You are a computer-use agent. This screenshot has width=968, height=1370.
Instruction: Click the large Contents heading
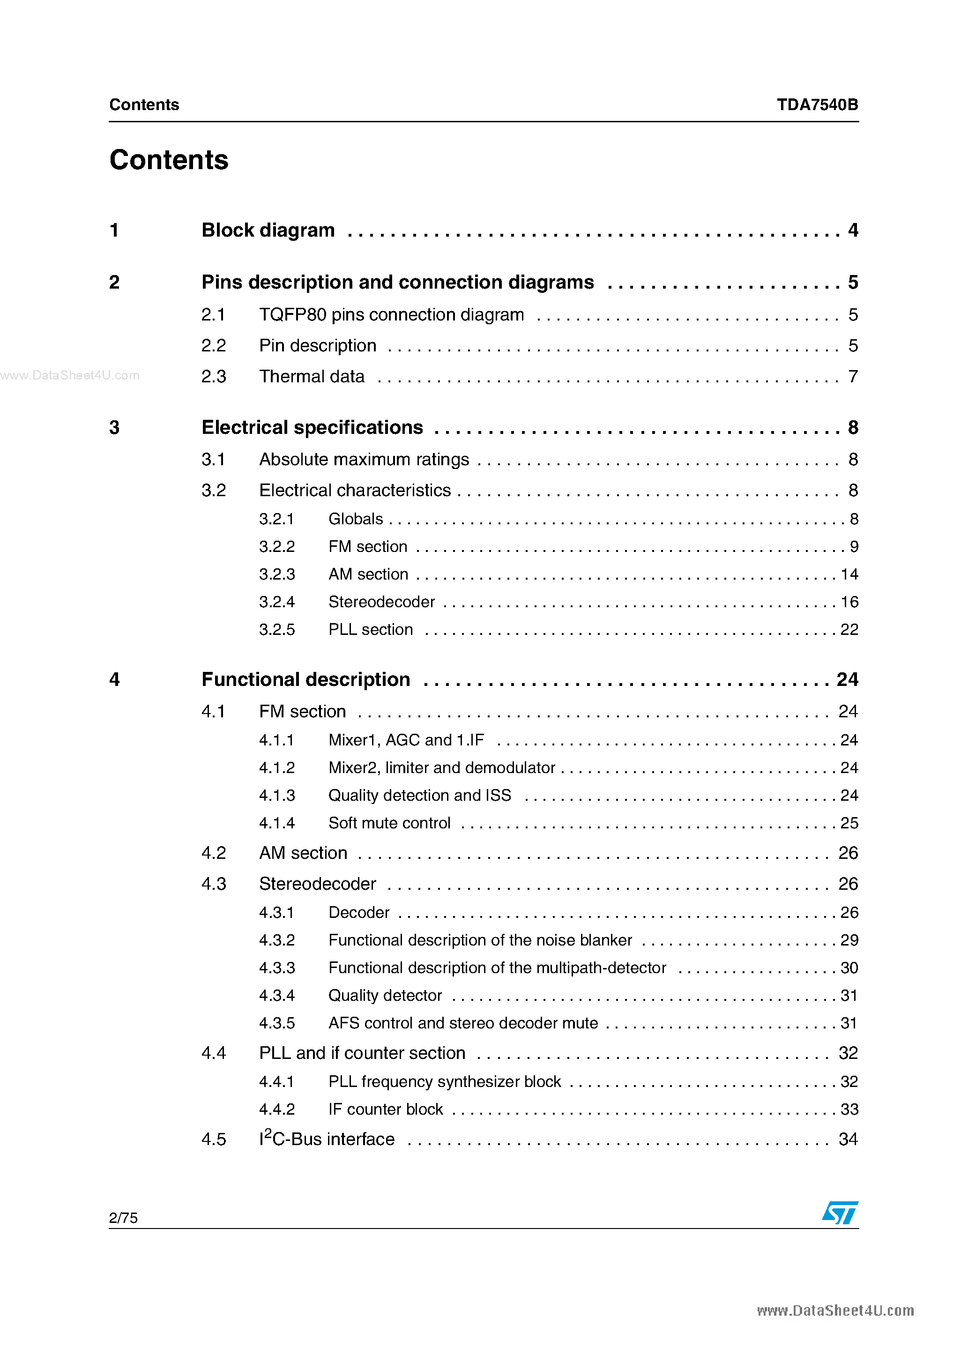coord(169,160)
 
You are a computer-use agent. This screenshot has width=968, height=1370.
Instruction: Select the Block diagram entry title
coord(268,231)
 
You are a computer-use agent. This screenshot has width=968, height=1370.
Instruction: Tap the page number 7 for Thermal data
coord(853,377)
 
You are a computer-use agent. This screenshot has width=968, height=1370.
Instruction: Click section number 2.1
coord(213,314)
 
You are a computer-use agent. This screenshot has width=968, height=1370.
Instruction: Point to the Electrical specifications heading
coord(312,427)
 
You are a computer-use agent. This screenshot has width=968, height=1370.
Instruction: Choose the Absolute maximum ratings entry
coord(364,460)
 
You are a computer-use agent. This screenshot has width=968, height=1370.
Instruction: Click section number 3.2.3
coord(277,574)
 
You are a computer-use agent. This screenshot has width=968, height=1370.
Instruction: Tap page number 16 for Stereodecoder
coord(849,602)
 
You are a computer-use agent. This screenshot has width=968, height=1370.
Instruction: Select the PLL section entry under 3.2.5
coord(371,630)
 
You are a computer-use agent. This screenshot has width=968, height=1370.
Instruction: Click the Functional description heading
coord(305,680)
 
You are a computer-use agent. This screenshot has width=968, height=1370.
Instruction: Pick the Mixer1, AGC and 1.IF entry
coord(406,740)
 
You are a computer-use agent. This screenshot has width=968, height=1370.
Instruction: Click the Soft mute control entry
coord(389,823)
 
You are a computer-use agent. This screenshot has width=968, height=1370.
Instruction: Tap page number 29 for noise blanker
coord(849,940)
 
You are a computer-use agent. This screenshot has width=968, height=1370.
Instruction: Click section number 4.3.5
coord(277,1023)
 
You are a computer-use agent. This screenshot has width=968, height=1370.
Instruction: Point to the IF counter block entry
coord(386,1109)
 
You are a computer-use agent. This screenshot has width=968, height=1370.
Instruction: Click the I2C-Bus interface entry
coord(327,1139)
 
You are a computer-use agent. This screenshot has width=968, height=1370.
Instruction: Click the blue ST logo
coord(840,1213)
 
